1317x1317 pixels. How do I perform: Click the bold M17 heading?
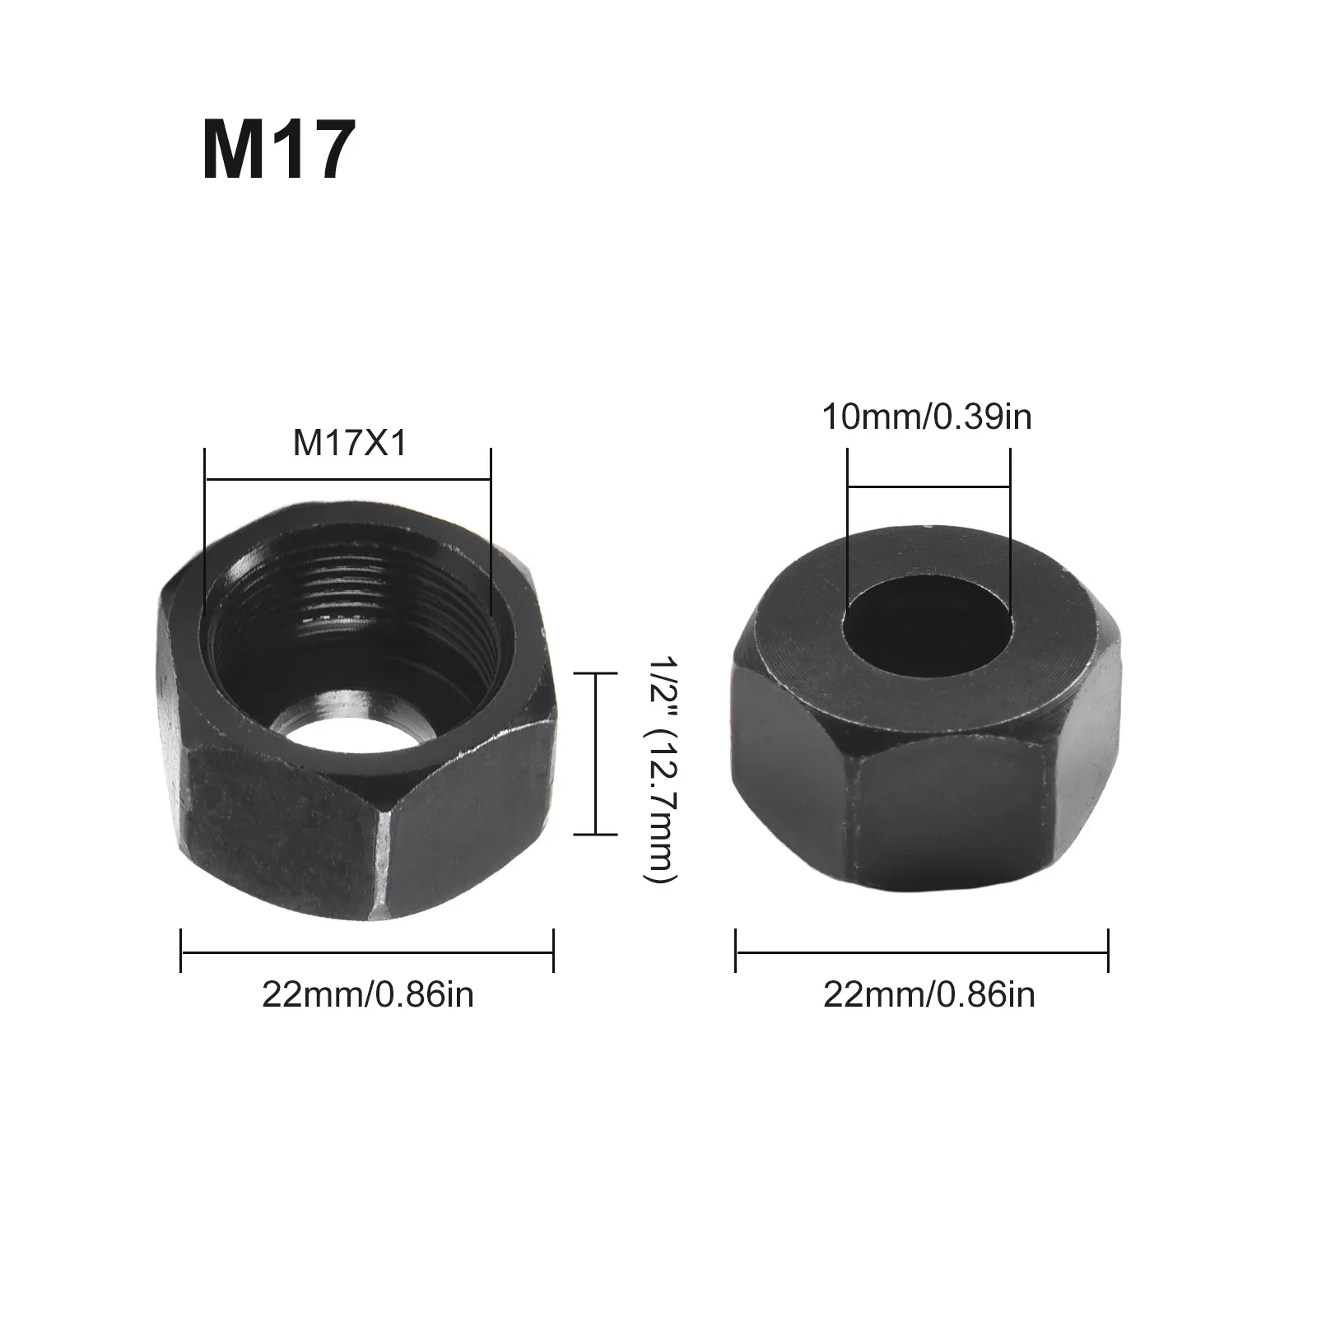[x=278, y=151]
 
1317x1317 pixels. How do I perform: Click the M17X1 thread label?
[x=350, y=444]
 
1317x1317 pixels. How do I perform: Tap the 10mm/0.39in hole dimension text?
[x=927, y=417]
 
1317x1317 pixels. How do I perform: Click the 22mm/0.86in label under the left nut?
[x=368, y=995]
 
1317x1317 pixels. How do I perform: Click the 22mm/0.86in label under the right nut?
[x=928, y=995]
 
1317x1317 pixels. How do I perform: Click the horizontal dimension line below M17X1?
[x=347, y=478]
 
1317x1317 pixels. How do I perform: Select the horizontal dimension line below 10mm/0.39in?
[x=928, y=487]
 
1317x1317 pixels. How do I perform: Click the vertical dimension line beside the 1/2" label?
[x=595, y=753]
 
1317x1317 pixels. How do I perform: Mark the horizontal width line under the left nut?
[x=367, y=952]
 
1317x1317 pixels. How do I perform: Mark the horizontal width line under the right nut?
[x=922, y=952]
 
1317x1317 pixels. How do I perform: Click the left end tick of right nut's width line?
[x=736, y=952]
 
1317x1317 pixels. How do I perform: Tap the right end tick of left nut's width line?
[x=553, y=952]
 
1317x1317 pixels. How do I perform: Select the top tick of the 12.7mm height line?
[x=595, y=673]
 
